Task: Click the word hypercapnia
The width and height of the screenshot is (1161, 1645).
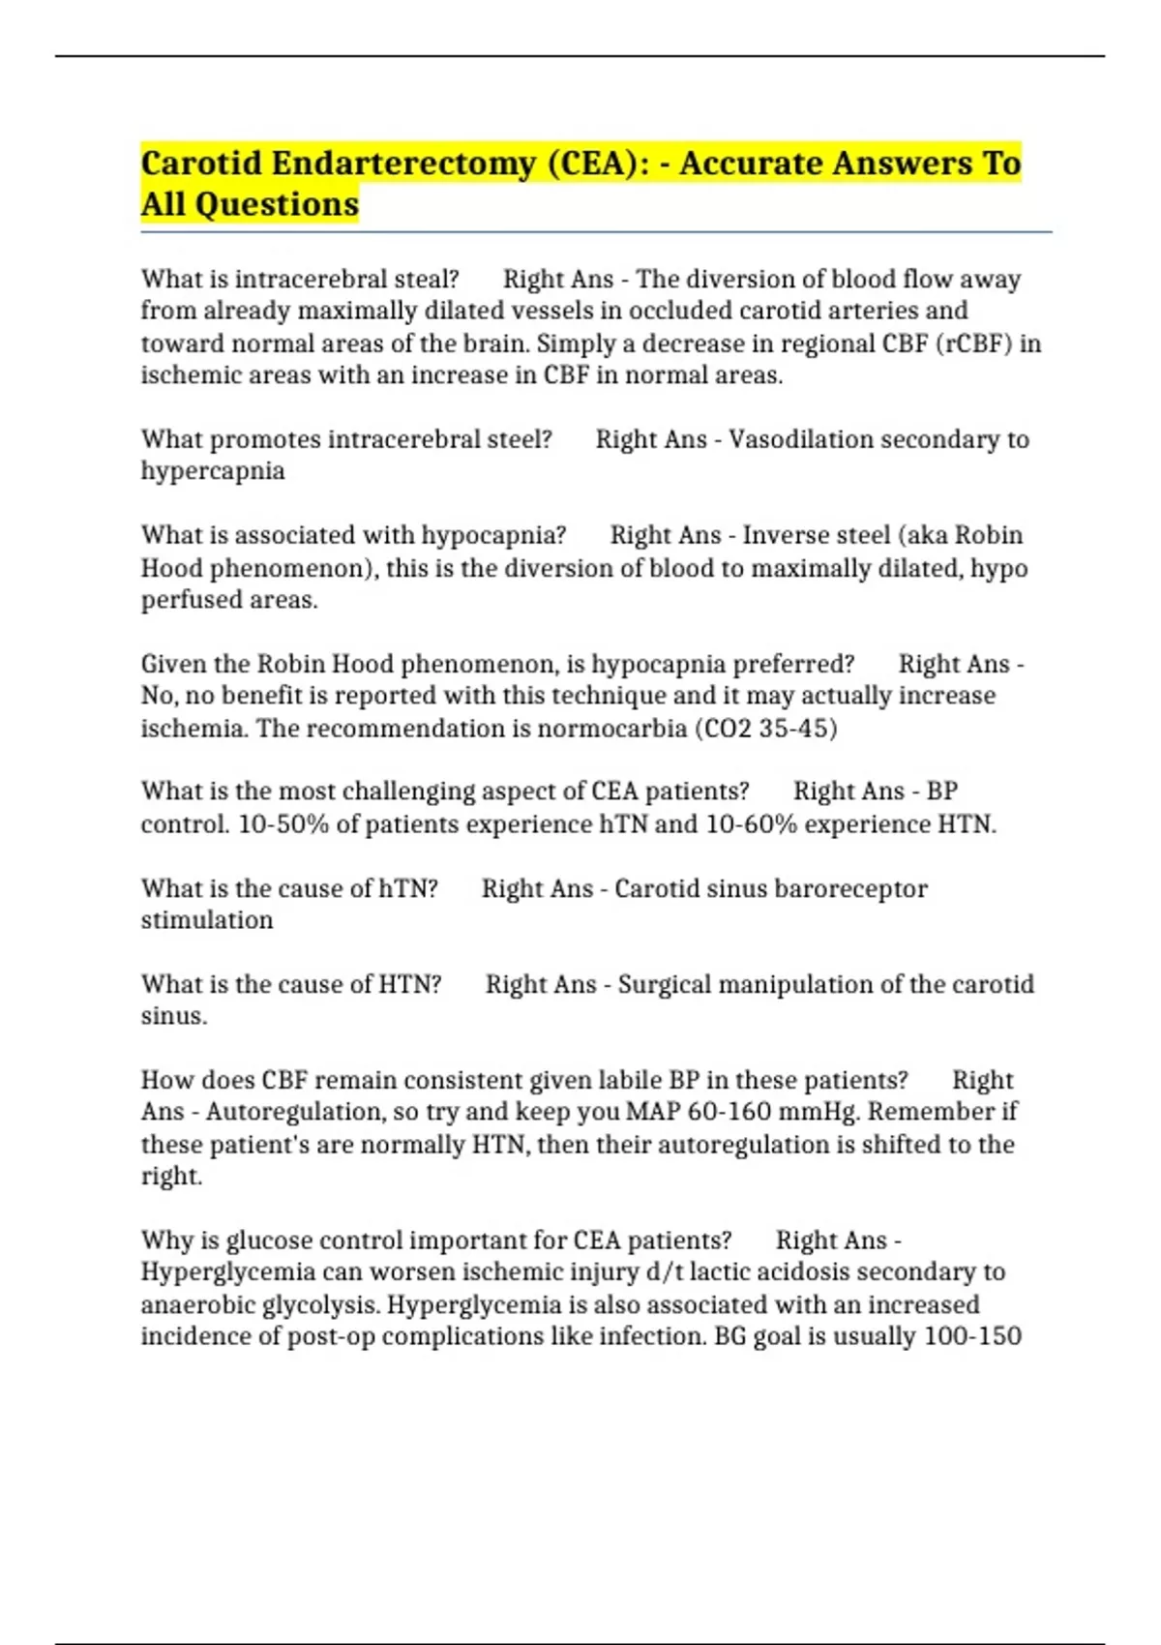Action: pyautogui.click(x=213, y=471)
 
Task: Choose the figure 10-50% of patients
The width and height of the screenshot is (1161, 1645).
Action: pyautogui.click(x=283, y=824)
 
